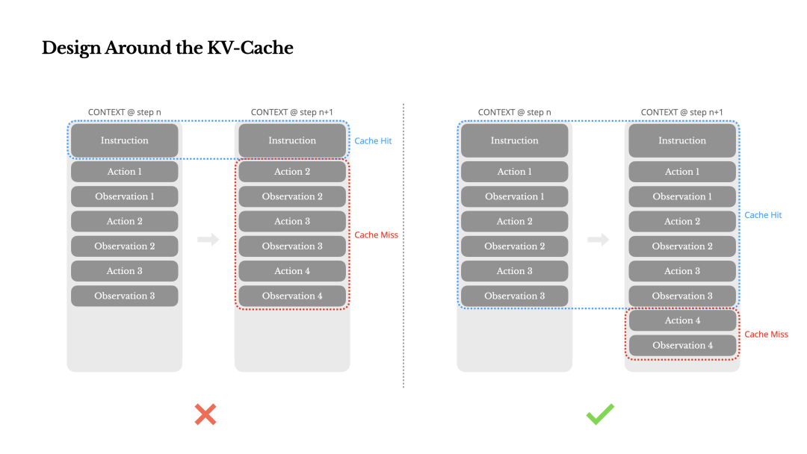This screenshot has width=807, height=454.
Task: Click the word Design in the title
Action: [72, 49]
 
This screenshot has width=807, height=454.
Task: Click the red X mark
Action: [205, 414]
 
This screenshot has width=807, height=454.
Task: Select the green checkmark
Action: [600, 414]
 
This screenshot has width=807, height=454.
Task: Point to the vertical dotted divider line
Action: [403, 246]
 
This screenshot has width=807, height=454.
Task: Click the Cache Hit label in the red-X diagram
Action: [373, 141]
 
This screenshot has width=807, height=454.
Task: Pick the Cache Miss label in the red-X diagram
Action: [376, 235]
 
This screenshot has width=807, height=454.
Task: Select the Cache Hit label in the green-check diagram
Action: [763, 215]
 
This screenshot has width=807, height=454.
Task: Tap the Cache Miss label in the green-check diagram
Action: [766, 335]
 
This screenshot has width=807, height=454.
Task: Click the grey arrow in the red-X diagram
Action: [208, 240]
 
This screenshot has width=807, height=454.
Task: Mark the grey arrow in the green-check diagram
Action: [599, 240]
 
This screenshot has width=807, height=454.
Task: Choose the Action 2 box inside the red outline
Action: [292, 172]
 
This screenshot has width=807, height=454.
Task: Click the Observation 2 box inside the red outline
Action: [292, 196]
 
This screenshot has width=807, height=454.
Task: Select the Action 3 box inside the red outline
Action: [292, 221]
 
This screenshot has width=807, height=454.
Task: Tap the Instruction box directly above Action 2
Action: [292, 140]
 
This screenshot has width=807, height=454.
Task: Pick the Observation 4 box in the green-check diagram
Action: [682, 345]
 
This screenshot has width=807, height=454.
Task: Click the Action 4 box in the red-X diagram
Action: [292, 271]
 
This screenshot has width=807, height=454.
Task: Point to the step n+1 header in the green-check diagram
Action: [682, 113]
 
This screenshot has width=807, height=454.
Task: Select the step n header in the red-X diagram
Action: [125, 113]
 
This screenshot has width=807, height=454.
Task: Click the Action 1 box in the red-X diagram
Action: [125, 172]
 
